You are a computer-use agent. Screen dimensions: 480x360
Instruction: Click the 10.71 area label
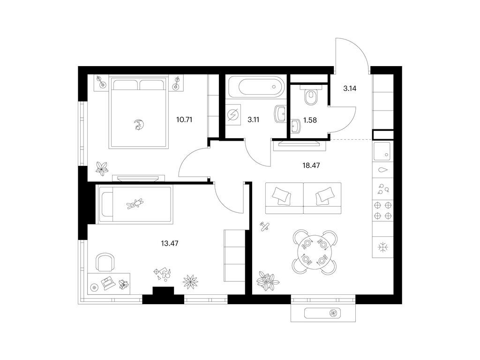[x=184, y=120]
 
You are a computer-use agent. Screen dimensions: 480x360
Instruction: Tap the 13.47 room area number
[x=170, y=244]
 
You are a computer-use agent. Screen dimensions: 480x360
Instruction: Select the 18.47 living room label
[x=311, y=165]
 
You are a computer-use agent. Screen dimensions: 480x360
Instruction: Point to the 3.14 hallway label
[x=350, y=89]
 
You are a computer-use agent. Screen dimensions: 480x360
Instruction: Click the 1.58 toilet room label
[x=310, y=120]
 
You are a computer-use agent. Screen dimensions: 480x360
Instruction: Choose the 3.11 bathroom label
[x=253, y=120]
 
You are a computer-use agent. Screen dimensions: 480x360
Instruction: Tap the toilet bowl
[x=311, y=96]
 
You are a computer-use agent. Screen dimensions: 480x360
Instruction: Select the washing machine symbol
[x=233, y=115]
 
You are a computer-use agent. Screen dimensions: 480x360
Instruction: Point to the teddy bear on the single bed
[x=135, y=203]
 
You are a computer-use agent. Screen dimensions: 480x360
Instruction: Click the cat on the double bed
[x=139, y=125]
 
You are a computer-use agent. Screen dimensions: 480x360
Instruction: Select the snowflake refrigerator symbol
[x=382, y=247]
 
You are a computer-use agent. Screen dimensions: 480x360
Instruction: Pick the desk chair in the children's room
[x=105, y=262]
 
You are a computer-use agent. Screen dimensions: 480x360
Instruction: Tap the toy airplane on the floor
[x=264, y=226]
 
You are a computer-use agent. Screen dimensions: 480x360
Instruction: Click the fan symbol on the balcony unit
[x=333, y=313]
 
